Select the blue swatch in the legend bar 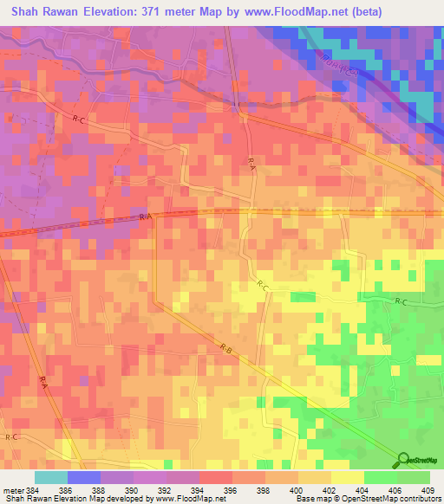click(x=84, y=477)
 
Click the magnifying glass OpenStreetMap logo click(x=403, y=460)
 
